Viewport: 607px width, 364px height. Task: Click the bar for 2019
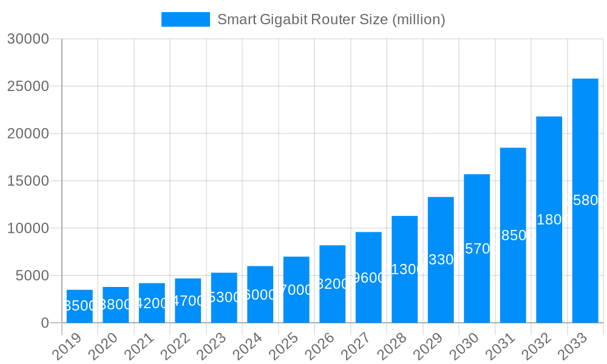[80, 306]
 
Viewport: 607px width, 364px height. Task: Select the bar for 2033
[585, 200]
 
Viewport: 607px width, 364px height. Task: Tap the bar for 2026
[332, 284]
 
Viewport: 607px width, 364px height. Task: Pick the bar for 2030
[476, 248]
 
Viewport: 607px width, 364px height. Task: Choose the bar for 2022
[188, 300]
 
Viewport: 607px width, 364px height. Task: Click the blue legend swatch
[185, 19]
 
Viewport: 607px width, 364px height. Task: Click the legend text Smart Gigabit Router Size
[331, 19]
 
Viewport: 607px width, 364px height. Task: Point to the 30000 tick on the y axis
[27, 39]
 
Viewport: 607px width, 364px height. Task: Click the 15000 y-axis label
[27, 181]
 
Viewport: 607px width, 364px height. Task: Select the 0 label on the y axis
[44, 323]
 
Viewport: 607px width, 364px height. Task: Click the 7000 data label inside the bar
[296, 290]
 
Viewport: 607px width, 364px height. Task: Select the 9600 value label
[368, 278]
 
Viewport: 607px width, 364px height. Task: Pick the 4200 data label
[152, 303]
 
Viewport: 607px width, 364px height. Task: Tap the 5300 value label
[224, 298]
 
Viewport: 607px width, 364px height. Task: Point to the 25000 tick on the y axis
[27, 86]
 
